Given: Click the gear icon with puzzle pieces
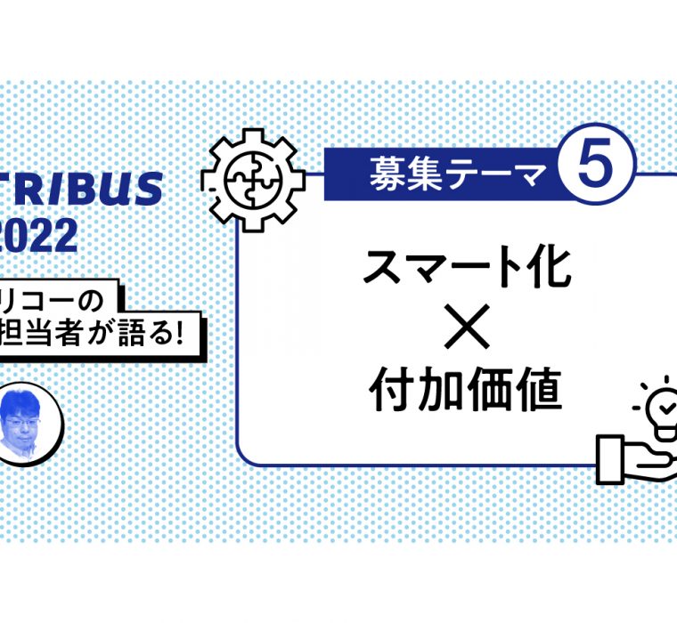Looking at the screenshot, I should click(253, 177).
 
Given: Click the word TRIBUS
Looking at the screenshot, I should click(80, 190).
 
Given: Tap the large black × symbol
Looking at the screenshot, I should click(466, 329).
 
